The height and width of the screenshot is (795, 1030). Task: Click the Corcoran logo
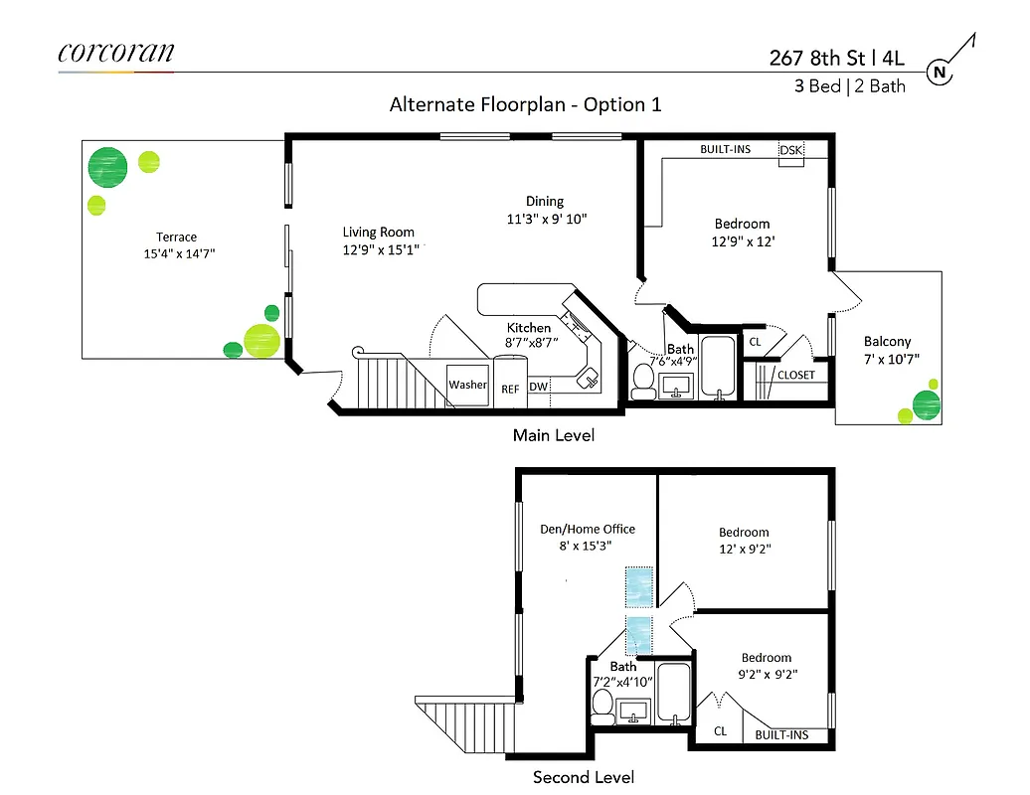[115, 53]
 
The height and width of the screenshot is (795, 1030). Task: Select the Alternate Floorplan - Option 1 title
[525, 104]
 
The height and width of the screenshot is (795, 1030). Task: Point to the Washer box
[467, 385]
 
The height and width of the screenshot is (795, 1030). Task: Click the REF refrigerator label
[509, 388]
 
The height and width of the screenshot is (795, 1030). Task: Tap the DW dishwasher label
[538, 387]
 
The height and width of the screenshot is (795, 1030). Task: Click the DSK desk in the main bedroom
[790, 150]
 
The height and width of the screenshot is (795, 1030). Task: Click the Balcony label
[887, 341]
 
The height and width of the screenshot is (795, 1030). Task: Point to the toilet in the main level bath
[643, 380]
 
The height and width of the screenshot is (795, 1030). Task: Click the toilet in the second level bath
[601, 704]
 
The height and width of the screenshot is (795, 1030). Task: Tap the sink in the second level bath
[632, 711]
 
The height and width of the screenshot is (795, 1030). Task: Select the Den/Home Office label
[587, 529]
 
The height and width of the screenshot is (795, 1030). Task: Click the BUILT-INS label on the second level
[780, 735]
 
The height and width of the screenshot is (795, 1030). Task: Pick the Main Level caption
[553, 435]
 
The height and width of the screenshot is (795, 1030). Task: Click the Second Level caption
[583, 777]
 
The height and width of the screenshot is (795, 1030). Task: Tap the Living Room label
[378, 233]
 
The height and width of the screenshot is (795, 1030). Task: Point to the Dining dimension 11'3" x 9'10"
[547, 219]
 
